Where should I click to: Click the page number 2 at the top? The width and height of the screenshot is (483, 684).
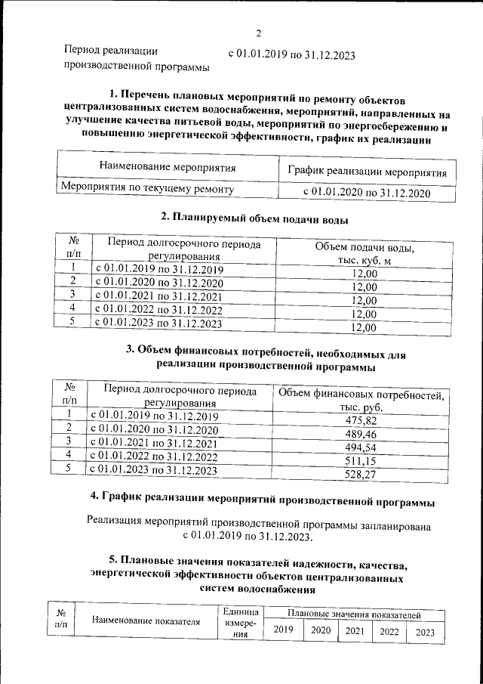click(258, 33)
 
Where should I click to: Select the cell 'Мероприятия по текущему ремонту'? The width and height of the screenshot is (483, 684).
click(147, 188)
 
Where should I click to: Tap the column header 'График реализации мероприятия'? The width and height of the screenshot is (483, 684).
click(367, 172)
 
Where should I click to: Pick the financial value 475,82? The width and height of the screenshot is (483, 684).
click(361, 421)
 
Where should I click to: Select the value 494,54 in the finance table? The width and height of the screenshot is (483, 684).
click(361, 448)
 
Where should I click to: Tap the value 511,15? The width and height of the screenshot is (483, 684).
click(361, 461)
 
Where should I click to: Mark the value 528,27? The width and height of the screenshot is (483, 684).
click(361, 475)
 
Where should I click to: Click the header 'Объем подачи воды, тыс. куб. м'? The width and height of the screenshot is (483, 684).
click(365, 254)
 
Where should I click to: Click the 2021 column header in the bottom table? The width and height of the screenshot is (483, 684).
click(354, 631)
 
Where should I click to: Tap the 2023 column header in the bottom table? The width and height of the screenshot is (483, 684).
click(424, 633)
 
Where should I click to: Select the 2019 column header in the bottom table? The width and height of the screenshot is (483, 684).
click(283, 630)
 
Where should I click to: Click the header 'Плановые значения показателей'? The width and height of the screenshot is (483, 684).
click(353, 616)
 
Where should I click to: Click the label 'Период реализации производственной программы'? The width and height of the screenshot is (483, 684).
click(137, 59)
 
